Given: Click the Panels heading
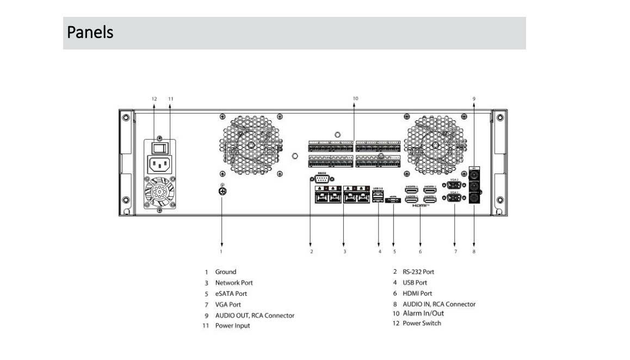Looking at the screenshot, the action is (x=90, y=33).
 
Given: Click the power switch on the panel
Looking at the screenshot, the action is (x=158, y=147).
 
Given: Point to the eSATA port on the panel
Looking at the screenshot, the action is (x=393, y=201).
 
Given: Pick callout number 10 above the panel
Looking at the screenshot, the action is (x=355, y=98).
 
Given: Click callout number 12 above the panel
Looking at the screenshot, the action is (x=154, y=98).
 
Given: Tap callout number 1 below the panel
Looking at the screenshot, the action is (x=221, y=252).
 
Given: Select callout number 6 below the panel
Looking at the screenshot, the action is (x=420, y=252).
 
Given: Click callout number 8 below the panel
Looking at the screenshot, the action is (x=473, y=252).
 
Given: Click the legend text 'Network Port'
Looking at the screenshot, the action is (x=234, y=283).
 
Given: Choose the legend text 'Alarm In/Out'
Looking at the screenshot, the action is (x=423, y=313).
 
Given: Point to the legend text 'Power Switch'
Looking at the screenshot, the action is (x=422, y=324).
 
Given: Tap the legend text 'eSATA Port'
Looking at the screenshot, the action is (x=231, y=294).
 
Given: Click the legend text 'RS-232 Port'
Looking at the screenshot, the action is (x=418, y=271).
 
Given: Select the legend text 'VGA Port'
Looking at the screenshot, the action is (x=228, y=305).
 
